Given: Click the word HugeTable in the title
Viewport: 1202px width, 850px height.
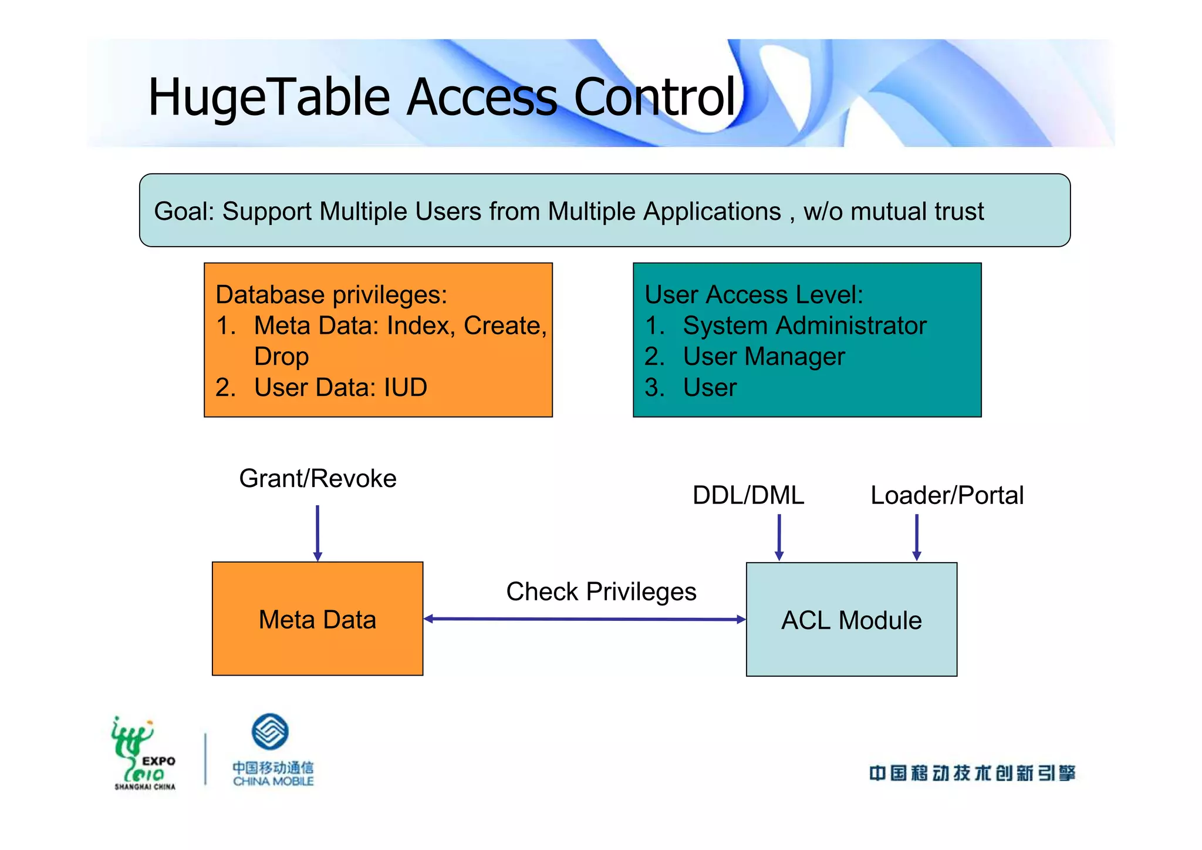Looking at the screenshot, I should (269, 98).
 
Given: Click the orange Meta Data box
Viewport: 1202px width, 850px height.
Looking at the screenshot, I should (318, 619).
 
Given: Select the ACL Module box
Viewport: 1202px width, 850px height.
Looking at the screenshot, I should (851, 620).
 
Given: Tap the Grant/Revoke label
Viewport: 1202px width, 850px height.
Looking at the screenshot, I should (318, 479).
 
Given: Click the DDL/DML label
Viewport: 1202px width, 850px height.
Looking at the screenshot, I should (748, 495).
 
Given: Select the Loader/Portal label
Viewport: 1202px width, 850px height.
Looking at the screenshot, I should (947, 495).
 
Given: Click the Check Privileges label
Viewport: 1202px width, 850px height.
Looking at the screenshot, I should (601, 592).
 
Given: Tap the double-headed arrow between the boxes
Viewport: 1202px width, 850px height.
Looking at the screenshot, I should (585, 619).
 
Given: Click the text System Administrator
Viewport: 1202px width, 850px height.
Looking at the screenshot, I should (804, 326).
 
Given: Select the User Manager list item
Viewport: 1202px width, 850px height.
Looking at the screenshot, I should (764, 357).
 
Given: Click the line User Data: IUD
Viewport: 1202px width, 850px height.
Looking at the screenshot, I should (340, 388).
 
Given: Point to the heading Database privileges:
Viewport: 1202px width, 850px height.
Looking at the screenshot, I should (331, 295).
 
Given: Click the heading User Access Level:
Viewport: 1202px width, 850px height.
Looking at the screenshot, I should (754, 295).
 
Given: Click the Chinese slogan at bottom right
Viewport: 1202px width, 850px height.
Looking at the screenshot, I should (972, 773).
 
